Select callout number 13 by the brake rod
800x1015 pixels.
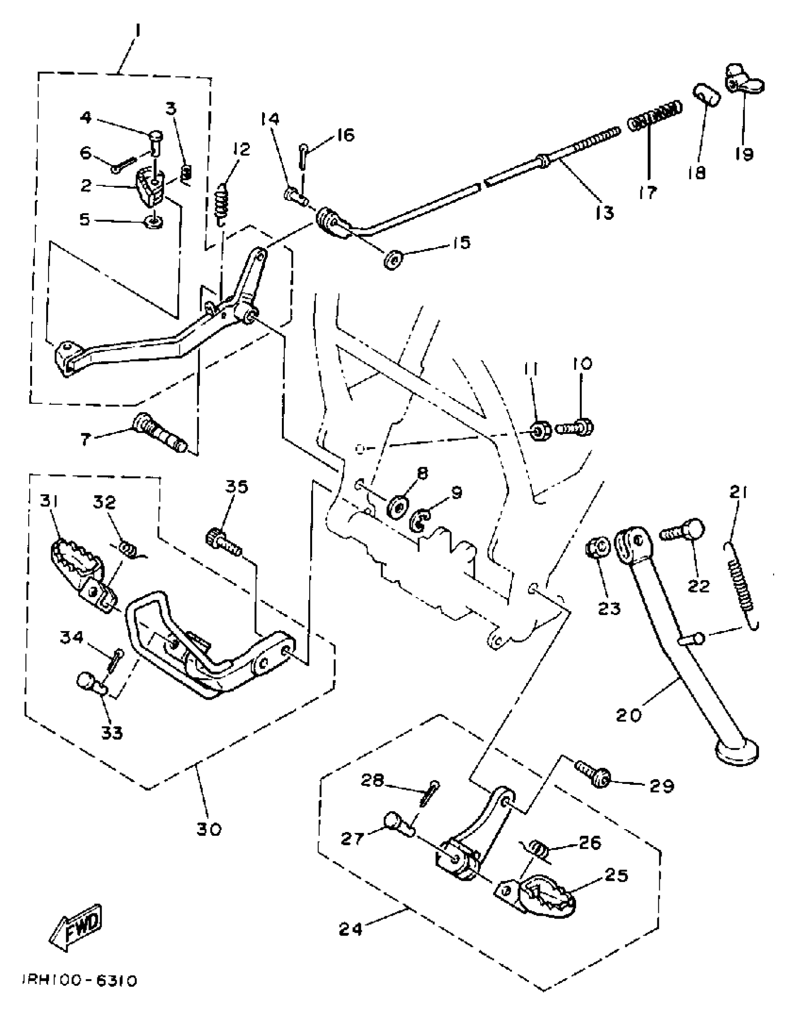(x=604, y=213)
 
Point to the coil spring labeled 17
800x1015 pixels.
(x=655, y=117)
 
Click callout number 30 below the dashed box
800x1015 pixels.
(x=208, y=829)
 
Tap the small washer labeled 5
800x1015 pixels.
(x=154, y=220)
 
